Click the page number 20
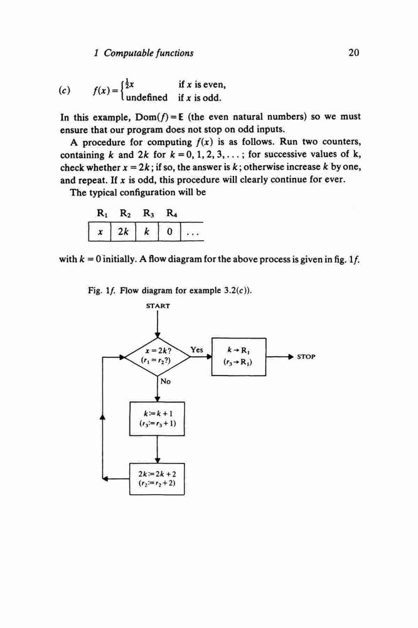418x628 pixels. tap(354, 53)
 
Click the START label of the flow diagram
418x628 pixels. tap(158, 306)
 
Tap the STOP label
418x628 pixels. tap(306, 357)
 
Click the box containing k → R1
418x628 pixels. tap(238, 357)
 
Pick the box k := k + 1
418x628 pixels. tap(158, 418)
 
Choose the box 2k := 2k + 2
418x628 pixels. tap(157, 479)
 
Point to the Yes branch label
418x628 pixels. tap(196, 350)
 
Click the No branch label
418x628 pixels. tap(165, 381)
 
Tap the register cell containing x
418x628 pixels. tap(99, 232)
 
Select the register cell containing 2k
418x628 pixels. tap(123, 232)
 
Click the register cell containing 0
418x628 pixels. tap(169, 232)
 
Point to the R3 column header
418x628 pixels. tap(149, 214)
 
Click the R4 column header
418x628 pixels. tap(172, 214)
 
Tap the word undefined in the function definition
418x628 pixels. tap(147, 97)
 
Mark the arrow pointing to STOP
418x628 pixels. tap(281, 357)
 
